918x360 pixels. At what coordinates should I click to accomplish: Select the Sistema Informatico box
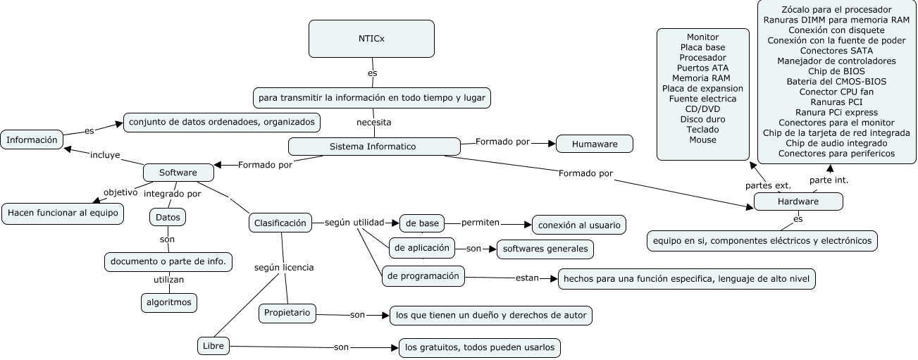tap(373, 147)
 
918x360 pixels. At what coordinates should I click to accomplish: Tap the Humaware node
tap(595, 144)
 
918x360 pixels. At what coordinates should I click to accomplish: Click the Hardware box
tap(798, 201)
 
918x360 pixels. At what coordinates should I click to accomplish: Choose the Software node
tap(178, 173)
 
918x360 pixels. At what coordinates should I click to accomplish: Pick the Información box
tap(32, 140)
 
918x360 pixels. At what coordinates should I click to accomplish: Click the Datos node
tap(167, 217)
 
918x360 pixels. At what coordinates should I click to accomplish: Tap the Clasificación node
tap(280, 223)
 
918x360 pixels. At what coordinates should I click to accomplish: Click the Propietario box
tap(287, 313)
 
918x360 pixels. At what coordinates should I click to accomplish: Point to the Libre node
tap(213, 346)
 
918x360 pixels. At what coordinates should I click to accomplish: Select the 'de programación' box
tap(423, 276)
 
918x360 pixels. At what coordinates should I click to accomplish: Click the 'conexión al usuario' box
tap(578, 225)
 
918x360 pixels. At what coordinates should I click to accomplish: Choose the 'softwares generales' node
tap(545, 249)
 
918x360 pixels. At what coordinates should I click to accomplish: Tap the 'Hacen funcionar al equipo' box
tap(63, 213)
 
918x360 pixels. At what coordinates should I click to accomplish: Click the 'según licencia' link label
tap(284, 268)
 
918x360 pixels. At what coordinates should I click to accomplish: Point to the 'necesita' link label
tap(373, 122)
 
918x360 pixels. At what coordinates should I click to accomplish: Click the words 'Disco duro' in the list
tap(702, 119)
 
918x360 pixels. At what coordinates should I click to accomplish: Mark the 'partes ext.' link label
tap(768, 185)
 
